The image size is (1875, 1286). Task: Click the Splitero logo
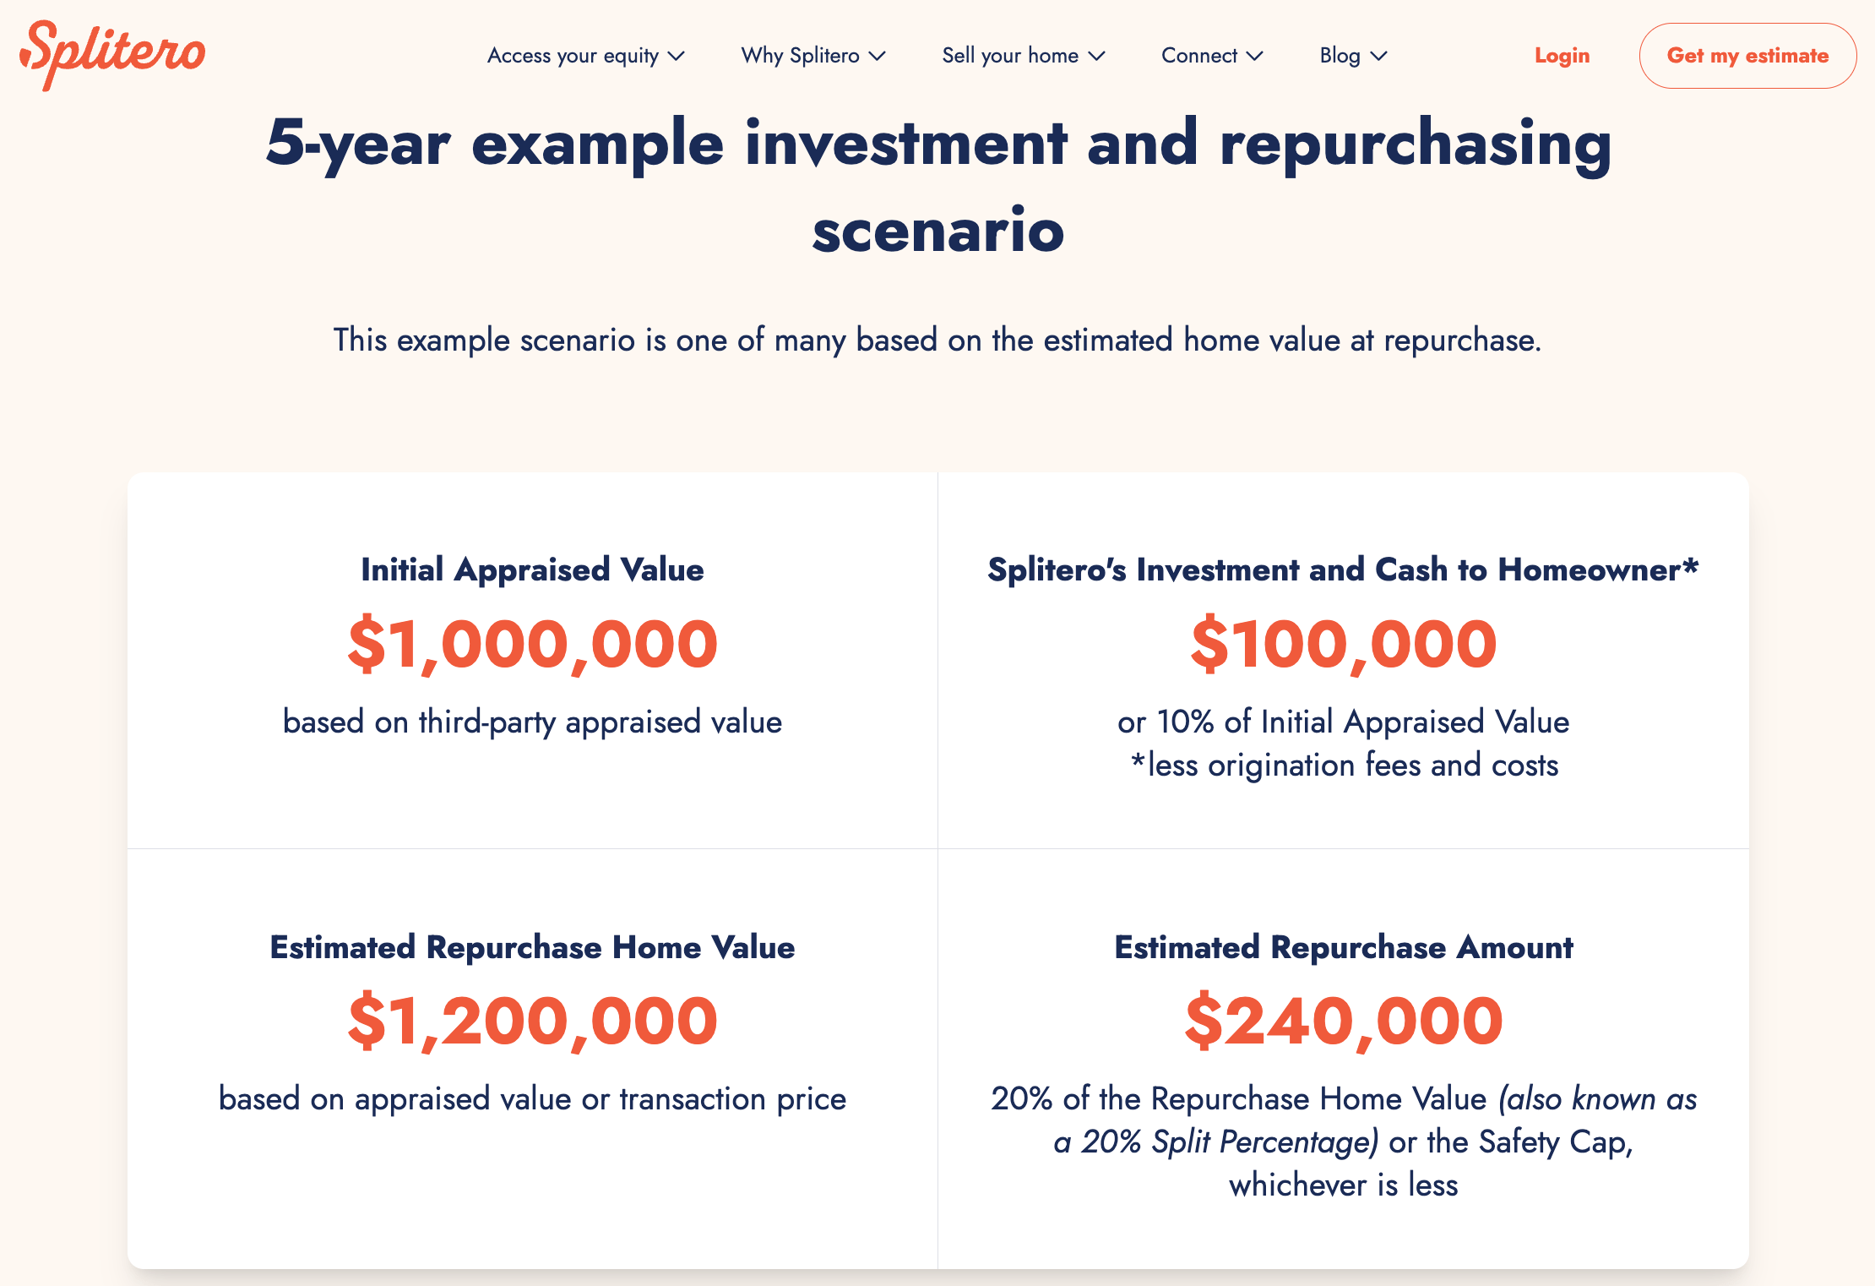tap(112, 54)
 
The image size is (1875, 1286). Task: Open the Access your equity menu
tap(585, 56)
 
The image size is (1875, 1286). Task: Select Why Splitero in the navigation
tap(812, 56)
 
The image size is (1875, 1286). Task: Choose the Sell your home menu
tap(1023, 56)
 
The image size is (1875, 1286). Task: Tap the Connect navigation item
tap(1211, 56)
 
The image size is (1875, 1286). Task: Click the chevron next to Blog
tap(1379, 57)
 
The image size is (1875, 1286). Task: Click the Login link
tap(1562, 56)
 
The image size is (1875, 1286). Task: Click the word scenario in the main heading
tap(937, 231)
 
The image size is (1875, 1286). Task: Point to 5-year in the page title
tap(357, 144)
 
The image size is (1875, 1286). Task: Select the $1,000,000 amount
tap(532, 644)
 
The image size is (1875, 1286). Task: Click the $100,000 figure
tap(1343, 644)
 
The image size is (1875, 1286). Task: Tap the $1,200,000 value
tap(532, 1021)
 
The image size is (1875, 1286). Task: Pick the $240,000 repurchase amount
tap(1343, 1021)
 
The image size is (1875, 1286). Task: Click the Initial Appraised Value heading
tap(532, 569)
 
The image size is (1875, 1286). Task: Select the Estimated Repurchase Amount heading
tap(1343, 947)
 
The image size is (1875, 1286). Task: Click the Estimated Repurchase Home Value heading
tap(532, 947)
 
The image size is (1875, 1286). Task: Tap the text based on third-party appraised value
tap(532, 722)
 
